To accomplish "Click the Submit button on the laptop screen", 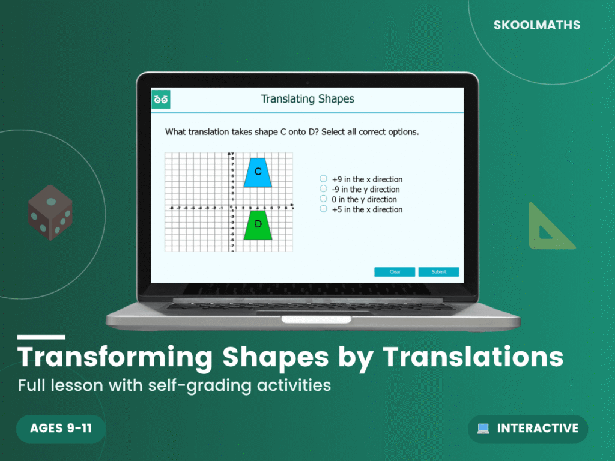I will [x=438, y=272].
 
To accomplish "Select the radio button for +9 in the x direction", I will [x=324, y=179].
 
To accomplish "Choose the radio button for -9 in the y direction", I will [x=324, y=189].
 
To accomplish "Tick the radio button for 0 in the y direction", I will [x=324, y=199].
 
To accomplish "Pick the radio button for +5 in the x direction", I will [x=324, y=209].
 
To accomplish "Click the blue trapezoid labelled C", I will [x=258, y=173].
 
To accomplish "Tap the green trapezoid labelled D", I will [x=258, y=225].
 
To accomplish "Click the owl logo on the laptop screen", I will [x=161, y=99].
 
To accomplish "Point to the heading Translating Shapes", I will [x=307, y=99].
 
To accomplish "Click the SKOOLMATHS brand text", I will [x=537, y=25].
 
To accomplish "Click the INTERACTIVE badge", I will [x=528, y=429].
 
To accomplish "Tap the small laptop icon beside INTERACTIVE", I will [x=483, y=429].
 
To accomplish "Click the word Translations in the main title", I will [x=473, y=357].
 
